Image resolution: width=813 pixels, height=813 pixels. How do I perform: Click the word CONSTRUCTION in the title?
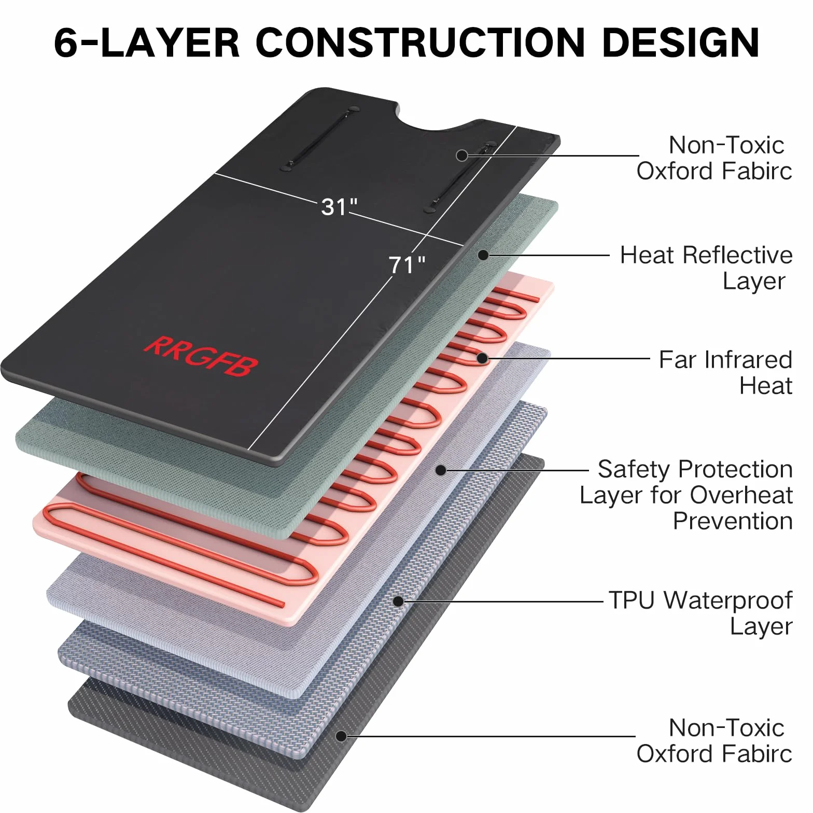pos(420,42)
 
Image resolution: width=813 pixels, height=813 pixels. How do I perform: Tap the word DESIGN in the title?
pos(681,42)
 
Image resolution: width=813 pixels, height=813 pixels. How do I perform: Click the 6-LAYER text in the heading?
pos(147,42)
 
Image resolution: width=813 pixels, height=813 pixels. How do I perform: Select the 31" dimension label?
pos(339,207)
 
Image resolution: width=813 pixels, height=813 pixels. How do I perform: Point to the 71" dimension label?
pos(407,265)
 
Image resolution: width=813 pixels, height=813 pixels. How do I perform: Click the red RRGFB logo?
pos(201,356)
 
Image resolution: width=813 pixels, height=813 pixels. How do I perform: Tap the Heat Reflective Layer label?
pos(706,268)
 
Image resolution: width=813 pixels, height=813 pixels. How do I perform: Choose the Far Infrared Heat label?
pos(725,372)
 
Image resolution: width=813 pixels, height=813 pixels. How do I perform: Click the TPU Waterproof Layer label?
pos(700,613)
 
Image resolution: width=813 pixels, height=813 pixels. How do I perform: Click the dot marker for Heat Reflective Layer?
pos(483,255)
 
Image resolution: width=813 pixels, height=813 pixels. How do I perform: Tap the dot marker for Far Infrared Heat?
pos(482,358)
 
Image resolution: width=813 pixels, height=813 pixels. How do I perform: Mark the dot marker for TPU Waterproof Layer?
pos(398,601)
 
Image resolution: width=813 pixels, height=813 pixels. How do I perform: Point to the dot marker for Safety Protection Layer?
pos(441,470)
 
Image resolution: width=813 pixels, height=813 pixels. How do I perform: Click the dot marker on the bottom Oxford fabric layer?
pos(341,736)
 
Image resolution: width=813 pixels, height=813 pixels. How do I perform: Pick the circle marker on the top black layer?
pos(461,155)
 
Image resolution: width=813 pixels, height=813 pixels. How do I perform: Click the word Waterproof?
pos(728,600)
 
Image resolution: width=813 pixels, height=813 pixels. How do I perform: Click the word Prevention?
pos(733,521)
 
